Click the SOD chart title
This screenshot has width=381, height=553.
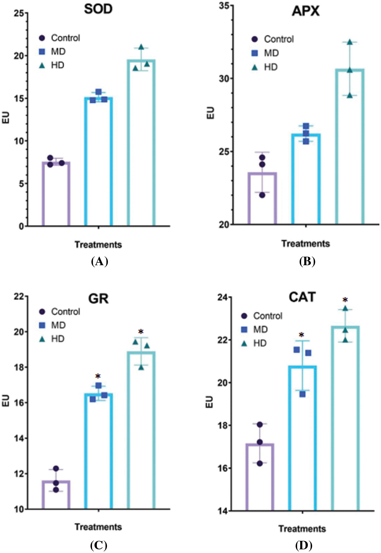tap(98, 9)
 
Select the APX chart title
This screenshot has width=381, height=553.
tap(305, 11)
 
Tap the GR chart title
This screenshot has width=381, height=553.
tap(98, 298)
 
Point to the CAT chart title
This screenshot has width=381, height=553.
tap(302, 297)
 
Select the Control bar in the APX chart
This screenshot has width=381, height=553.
tap(262, 198)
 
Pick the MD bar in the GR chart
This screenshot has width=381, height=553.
tap(98, 451)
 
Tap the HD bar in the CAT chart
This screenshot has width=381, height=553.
tap(345, 418)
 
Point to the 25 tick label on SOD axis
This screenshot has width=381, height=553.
tap(20, 13)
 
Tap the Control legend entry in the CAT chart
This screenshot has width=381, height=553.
tap(262, 316)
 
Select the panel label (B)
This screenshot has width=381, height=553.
tap(307, 261)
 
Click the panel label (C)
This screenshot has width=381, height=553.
tap(99, 545)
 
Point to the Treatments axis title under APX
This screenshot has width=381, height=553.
tap(305, 244)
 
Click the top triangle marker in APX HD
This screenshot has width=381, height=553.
tap(350, 42)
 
